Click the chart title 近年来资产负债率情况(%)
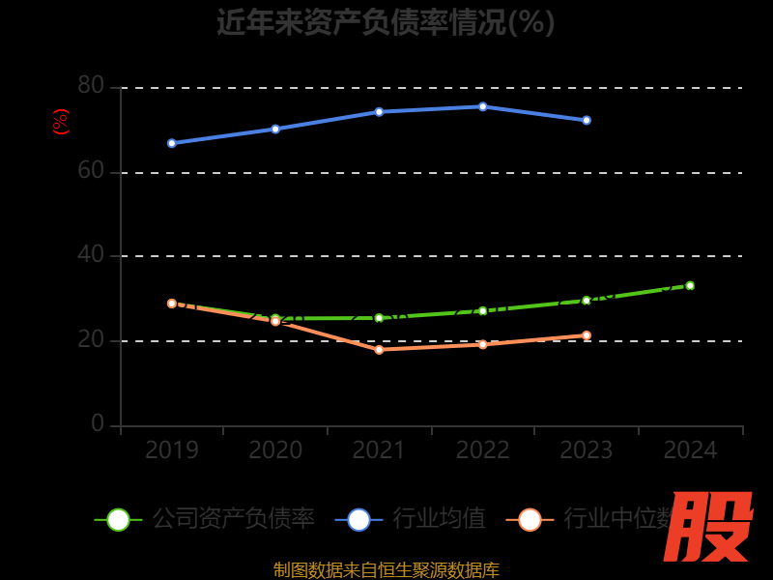point(386,22)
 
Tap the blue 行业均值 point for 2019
point(172,143)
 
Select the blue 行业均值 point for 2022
point(483,106)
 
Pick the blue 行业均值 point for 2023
point(587,120)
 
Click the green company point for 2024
point(690,285)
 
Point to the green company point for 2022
point(483,311)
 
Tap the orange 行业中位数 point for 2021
point(379,350)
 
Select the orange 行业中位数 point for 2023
point(587,335)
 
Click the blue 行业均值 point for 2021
point(379,112)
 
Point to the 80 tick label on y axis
point(91,86)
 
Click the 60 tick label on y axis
point(91,171)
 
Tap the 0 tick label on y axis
point(98,423)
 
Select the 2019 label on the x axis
point(172,450)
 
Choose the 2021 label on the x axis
point(379,450)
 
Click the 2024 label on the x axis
point(690,450)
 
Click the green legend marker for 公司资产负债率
point(118,519)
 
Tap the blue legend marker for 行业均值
point(358,519)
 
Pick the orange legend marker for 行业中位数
point(530,519)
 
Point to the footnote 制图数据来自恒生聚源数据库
point(386,570)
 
